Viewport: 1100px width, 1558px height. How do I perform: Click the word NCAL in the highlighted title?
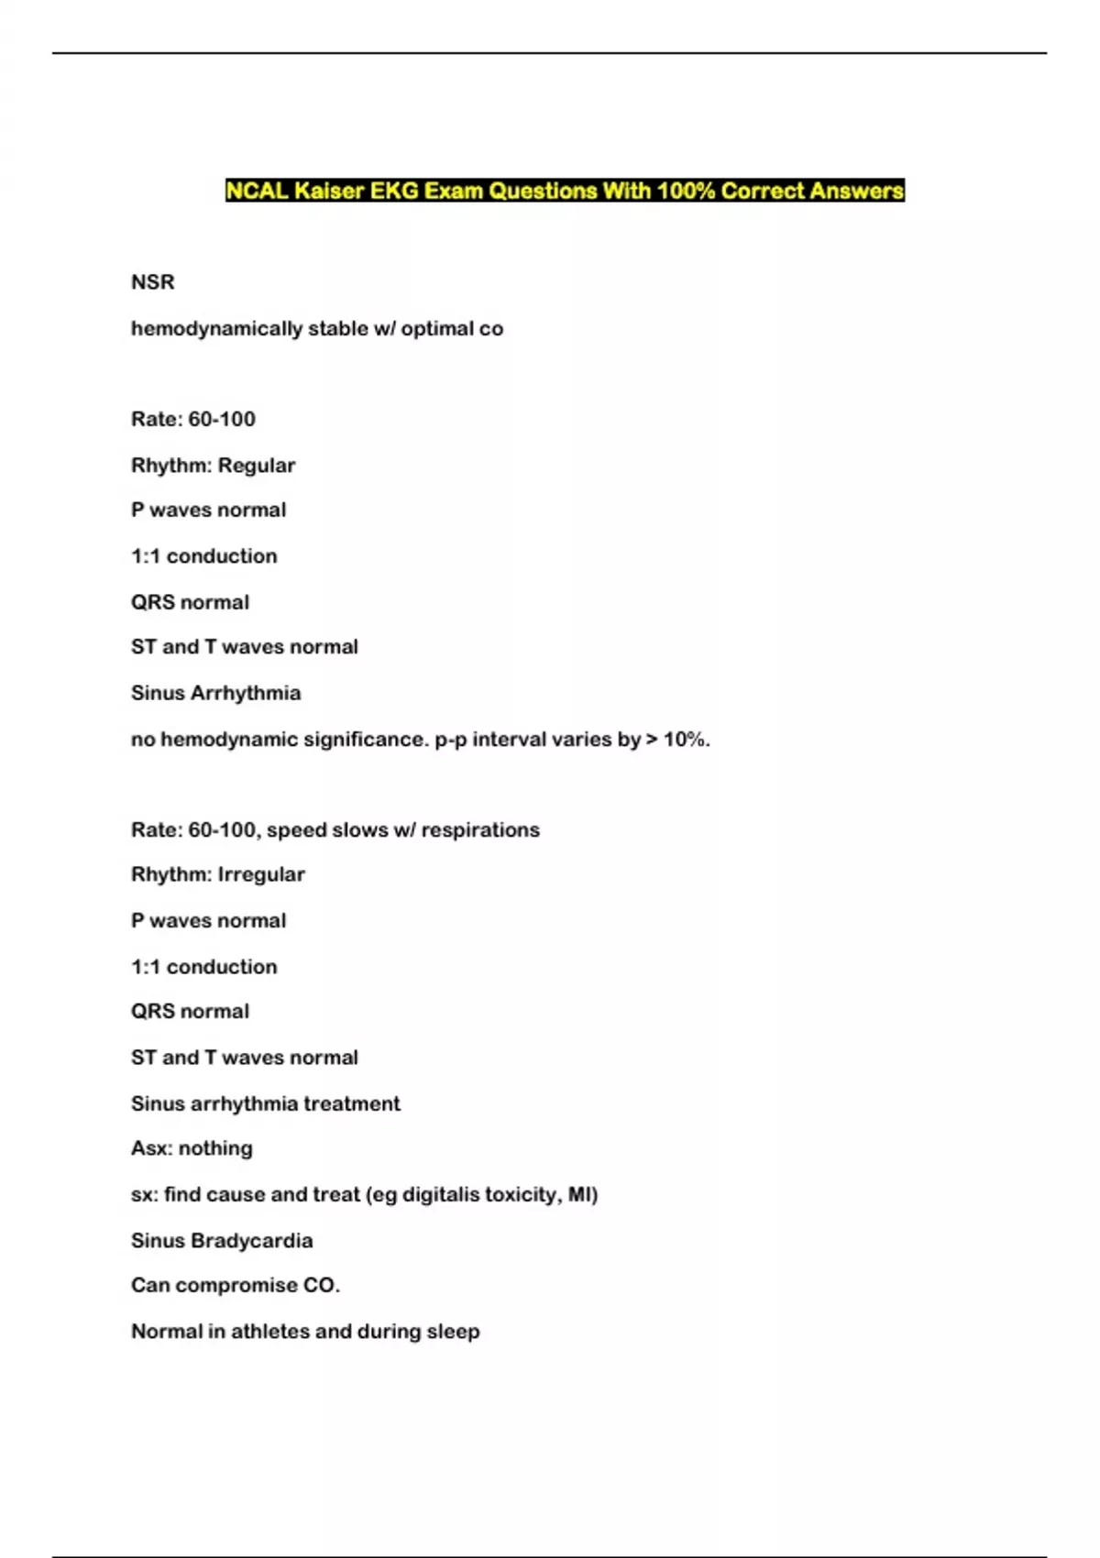pos(258,191)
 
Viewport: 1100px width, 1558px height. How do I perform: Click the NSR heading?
pos(153,282)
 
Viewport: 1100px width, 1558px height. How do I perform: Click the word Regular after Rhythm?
pos(257,466)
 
